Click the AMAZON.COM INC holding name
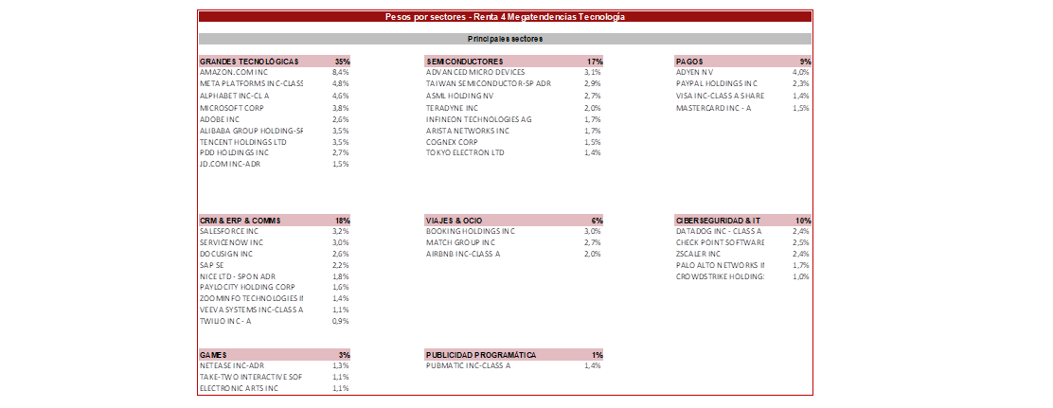(x=234, y=73)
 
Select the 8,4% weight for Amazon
(x=341, y=73)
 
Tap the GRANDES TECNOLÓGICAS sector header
(x=249, y=62)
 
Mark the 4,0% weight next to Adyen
(x=800, y=73)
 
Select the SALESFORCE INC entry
(x=229, y=231)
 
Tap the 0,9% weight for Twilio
(x=341, y=322)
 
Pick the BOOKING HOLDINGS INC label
(x=470, y=231)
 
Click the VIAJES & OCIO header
(x=454, y=221)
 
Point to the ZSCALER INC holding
(x=698, y=254)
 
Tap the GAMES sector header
(x=213, y=355)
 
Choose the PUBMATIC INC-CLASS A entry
(x=468, y=365)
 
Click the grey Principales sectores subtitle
(x=505, y=39)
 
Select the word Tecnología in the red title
(x=601, y=17)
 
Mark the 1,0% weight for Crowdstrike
(x=800, y=276)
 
